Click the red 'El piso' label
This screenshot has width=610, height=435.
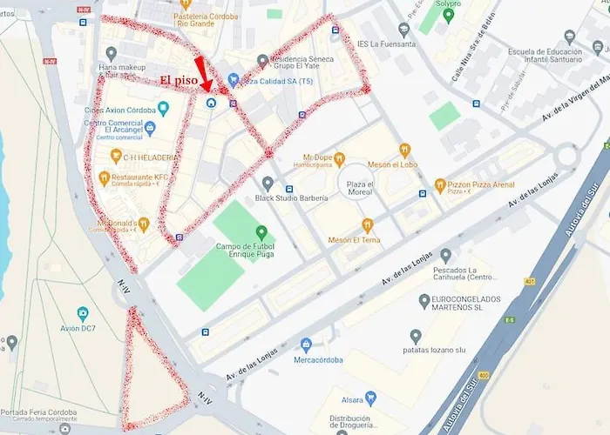(x=180, y=80)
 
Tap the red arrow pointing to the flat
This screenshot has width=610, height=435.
(x=204, y=75)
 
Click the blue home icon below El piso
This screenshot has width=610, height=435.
(x=211, y=103)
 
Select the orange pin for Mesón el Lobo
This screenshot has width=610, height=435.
(x=405, y=150)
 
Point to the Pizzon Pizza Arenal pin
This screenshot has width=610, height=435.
(x=441, y=184)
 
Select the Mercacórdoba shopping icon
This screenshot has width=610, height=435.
(x=306, y=345)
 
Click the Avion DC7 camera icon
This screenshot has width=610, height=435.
(x=83, y=313)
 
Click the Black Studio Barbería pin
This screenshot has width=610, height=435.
(x=268, y=184)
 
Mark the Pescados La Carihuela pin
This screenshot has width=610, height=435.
(x=446, y=256)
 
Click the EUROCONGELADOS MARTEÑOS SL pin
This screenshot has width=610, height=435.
(x=424, y=300)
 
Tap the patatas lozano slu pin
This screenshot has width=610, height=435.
(x=416, y=336)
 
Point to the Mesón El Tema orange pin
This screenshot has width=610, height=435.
(x=368, y=224)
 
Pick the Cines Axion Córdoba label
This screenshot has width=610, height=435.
(x=119, y=110)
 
